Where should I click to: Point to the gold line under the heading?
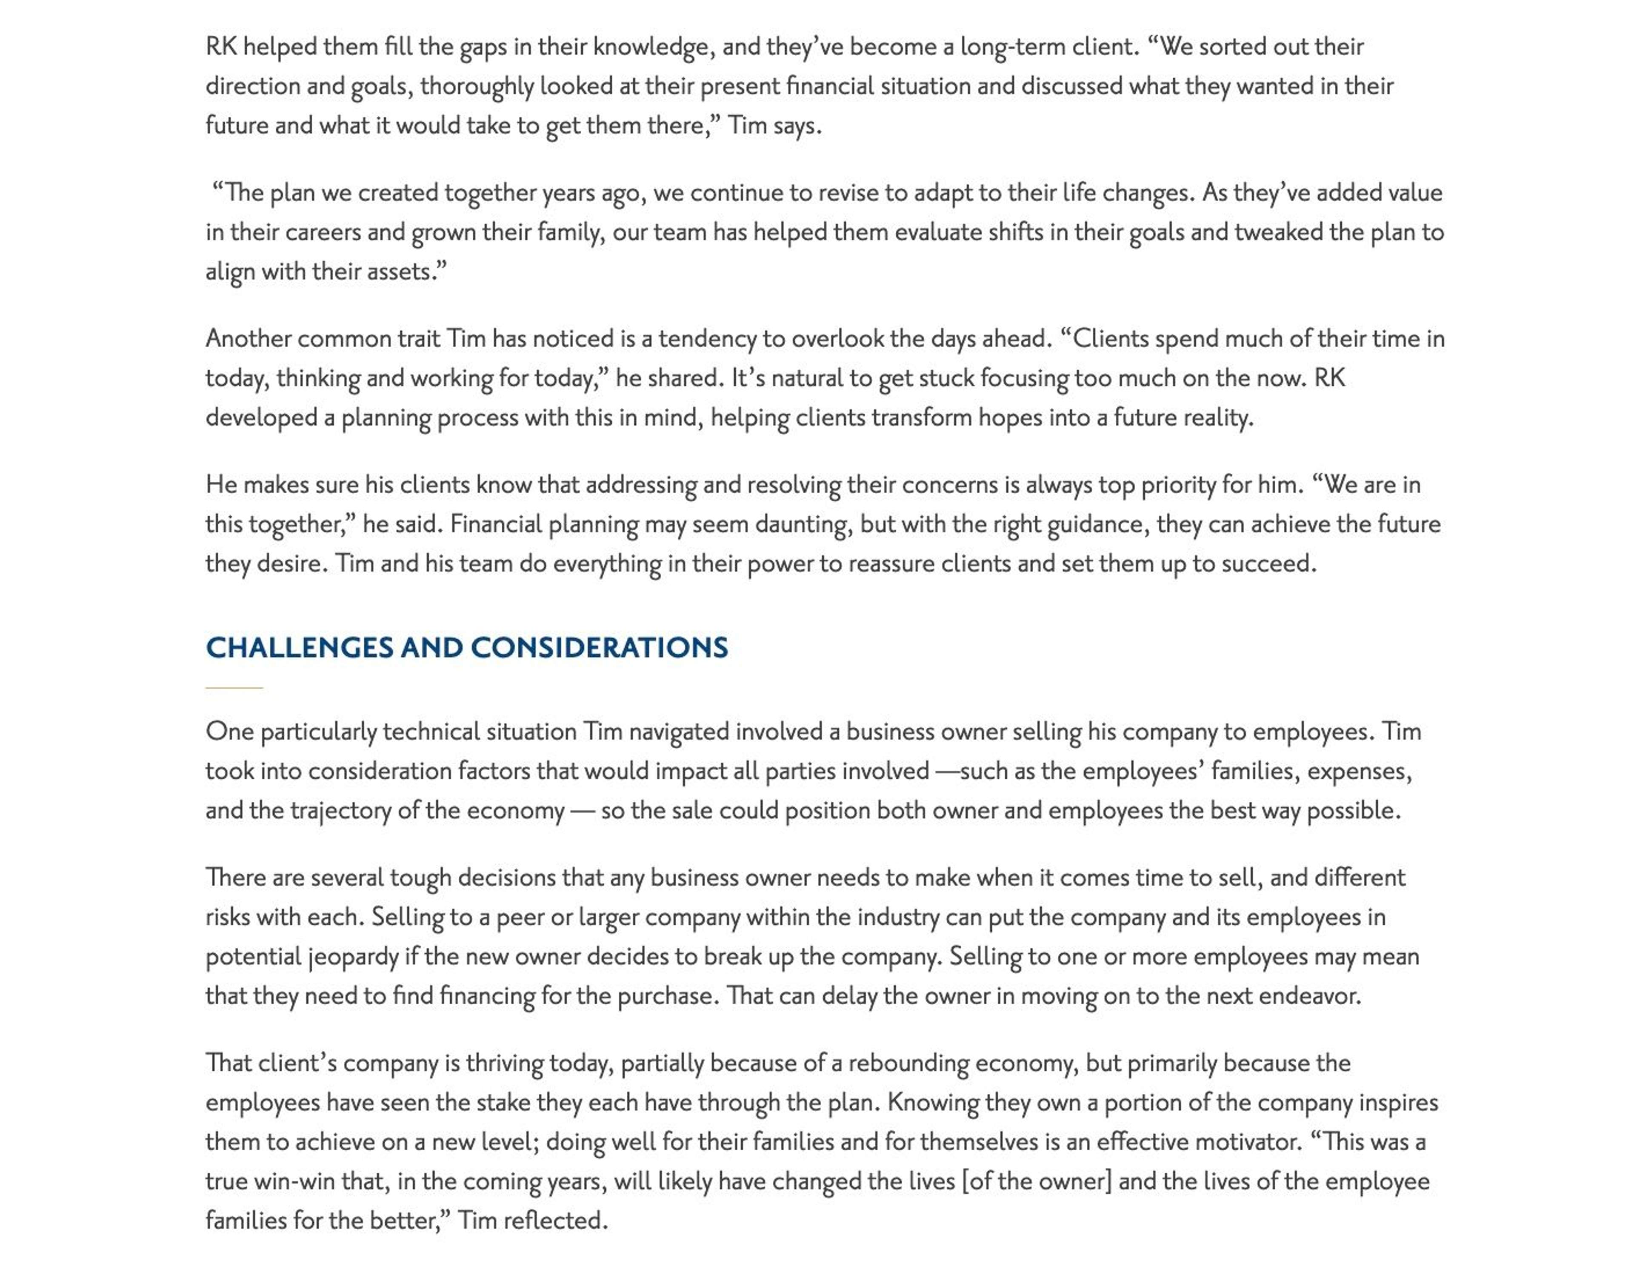[x=234, y=687]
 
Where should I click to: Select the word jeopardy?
[x=353, y=957]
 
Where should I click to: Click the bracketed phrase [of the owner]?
[x=1037, y=1181]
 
